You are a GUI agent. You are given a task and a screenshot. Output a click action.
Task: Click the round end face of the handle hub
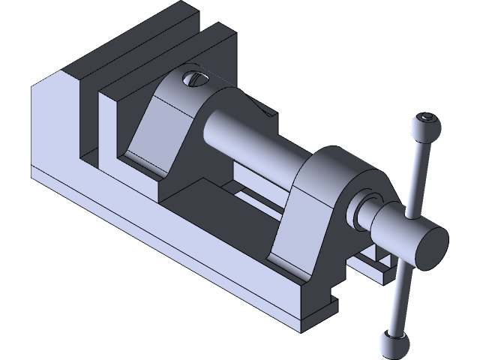pos(427,245)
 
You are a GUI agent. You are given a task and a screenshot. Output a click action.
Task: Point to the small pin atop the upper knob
pos(427,118)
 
